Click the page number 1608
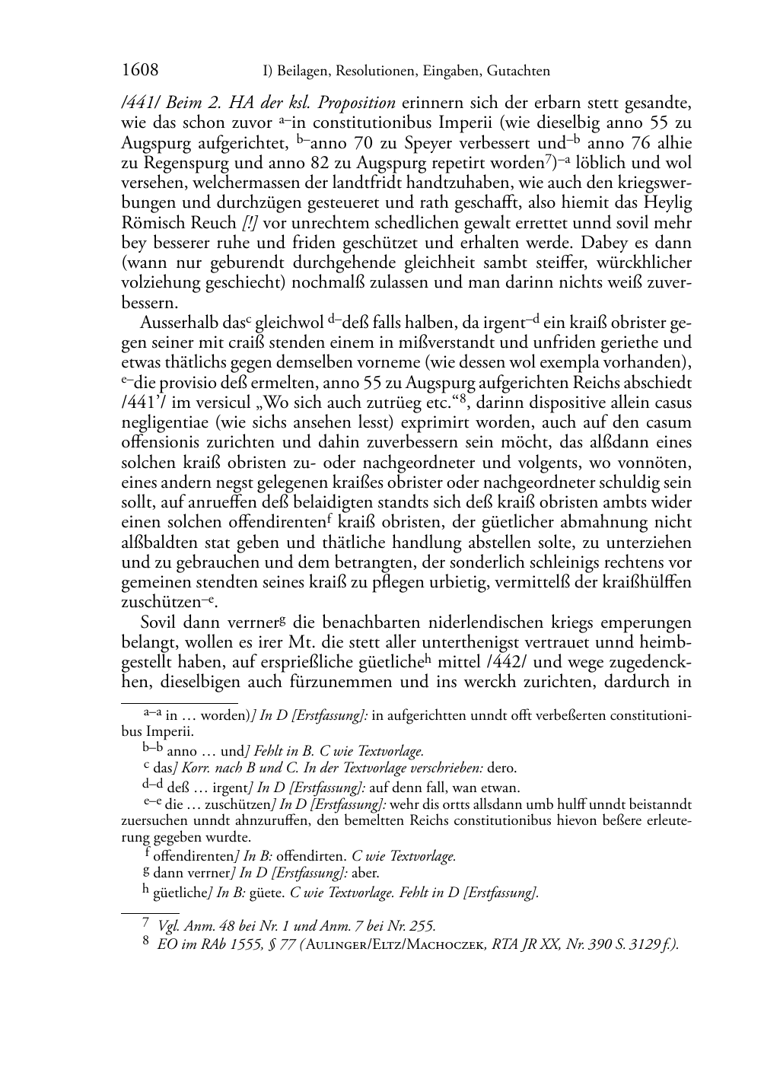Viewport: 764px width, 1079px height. click(x=140, y=71)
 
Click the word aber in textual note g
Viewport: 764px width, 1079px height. click(x=365, y=873)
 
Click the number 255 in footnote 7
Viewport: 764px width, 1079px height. click(x=421, y=926)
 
